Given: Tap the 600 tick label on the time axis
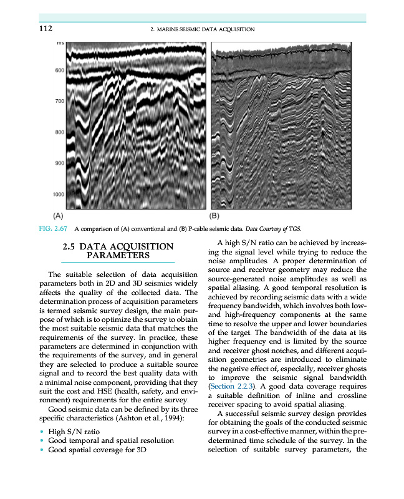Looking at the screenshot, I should [59, 70].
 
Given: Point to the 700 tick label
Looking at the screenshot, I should [59, 101].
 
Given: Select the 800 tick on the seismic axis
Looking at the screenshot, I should [59, 132].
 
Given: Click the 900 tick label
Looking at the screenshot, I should [59, 163].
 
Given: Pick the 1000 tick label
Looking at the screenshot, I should [58, 195].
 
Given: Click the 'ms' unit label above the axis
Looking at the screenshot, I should [60, 43].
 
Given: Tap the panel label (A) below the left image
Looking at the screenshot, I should [57, 215].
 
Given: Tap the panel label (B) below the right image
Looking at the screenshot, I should [215, 215].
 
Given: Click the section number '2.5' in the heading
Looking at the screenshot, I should [70, 247].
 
